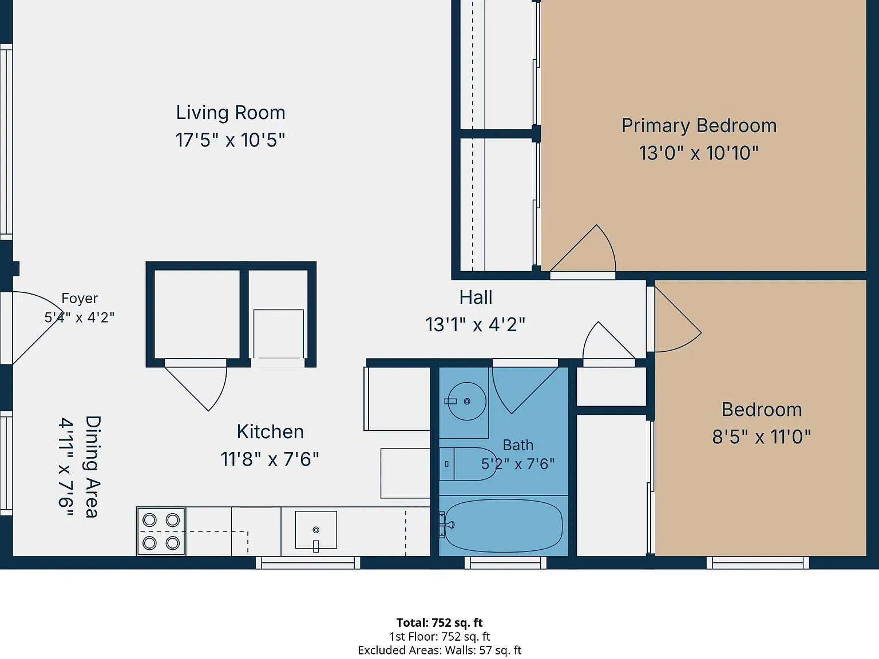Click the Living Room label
pos(231,113)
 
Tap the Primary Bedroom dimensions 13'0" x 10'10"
pos(698,153)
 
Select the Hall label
pos(476,297)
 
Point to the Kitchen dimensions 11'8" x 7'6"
pos(270,459)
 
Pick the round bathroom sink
pos(466,402)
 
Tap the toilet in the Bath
pos(468,464)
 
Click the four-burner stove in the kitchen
pos(161,531)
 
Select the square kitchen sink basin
pos(316,530)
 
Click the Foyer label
pos(80,298)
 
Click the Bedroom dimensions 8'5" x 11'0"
pos(761,436)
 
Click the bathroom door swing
pos(525,390)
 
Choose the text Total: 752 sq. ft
pos(439,622)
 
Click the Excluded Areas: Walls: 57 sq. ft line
pos(439,650)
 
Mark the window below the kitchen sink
pos(308,562)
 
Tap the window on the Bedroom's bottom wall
pos(758,562)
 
